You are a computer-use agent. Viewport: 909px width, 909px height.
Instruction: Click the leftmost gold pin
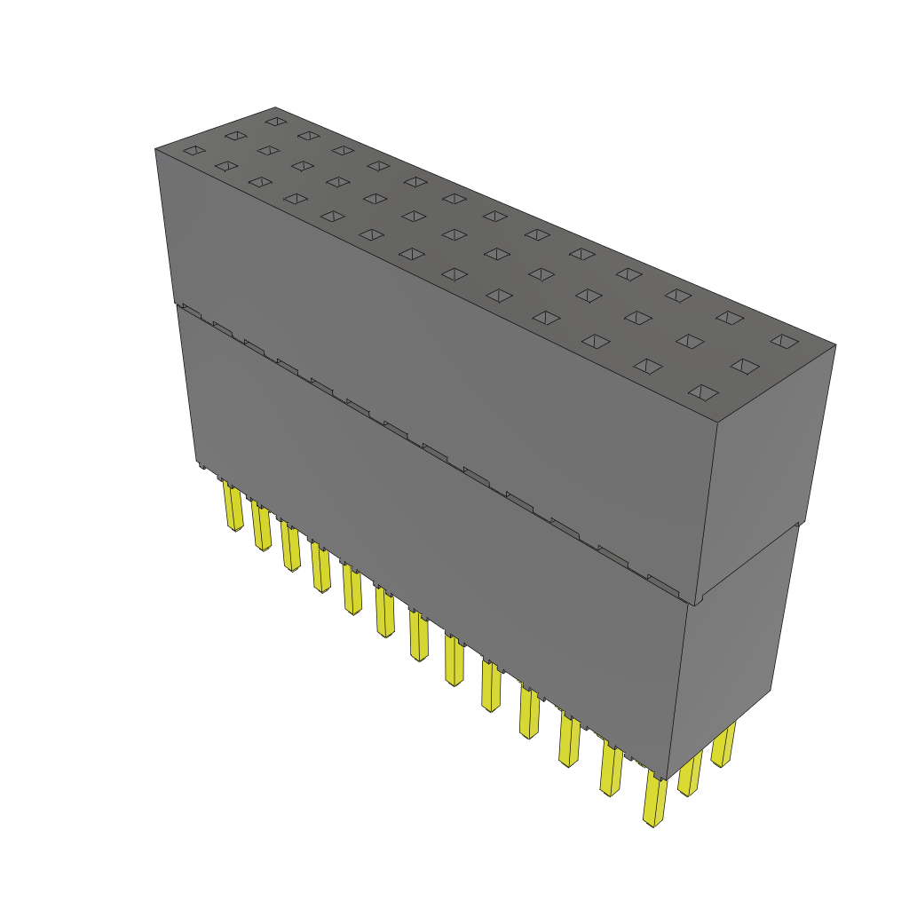[x=233, y=507]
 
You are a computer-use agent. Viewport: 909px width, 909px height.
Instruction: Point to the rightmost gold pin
[x=723, y=745]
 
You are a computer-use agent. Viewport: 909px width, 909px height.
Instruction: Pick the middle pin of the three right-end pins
[x=690, y=773]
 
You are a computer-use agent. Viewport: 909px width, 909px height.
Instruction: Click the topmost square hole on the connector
[x=275, y=121]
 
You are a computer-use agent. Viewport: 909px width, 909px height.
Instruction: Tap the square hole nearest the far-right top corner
[x=783, y=341]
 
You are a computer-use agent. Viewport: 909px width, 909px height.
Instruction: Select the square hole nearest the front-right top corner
[x=703, y=391]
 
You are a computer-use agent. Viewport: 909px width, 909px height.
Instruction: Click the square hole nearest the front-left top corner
[x=194, y=151]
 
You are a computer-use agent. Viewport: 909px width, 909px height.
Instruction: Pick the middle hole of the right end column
[x=745, y=366]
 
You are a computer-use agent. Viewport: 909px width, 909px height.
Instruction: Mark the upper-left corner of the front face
[x=155, y=149]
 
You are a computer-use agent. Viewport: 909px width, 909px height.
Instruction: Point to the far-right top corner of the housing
[x=835, y=344]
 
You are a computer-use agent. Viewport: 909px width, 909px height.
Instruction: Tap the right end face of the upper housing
[x=763, y=470]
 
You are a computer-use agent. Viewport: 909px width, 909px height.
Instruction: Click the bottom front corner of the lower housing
[x=668, y=779]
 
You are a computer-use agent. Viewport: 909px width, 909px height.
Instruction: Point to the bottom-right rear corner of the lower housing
[x=771, y=689]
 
